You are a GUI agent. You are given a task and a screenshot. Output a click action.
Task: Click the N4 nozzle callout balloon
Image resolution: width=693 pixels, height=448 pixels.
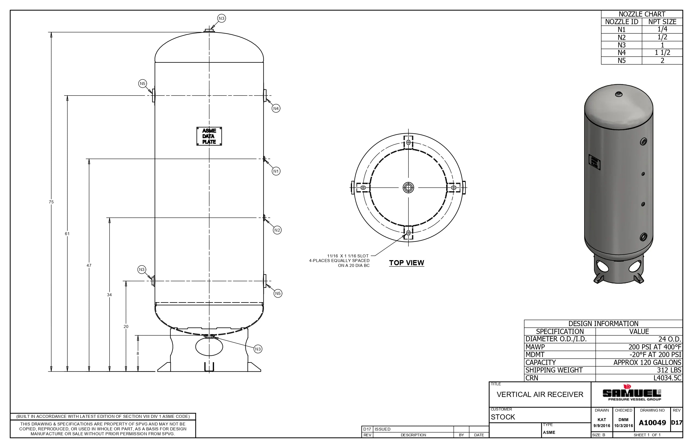pyautogui.click(x=276, y=109)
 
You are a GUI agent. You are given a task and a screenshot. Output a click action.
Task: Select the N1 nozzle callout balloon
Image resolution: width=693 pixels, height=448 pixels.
pyautogui.click(x=276, y=171)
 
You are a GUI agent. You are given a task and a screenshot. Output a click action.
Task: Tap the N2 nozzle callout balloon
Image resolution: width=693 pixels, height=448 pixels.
pyautogui.click(x=277, y=230)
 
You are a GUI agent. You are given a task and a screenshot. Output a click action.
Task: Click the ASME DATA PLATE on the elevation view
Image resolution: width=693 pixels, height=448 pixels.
pyautogui.click(x=209, y=136)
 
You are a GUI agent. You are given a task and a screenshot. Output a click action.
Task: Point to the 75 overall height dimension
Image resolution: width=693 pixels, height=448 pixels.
pyautogui.click(x=51, y=202)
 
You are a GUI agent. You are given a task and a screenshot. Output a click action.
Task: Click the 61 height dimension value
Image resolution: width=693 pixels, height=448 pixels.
pyautogui.click(x=67, y=234)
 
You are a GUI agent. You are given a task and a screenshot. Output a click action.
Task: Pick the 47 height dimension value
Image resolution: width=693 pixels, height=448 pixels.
pyautogui.click(x=89, y=265)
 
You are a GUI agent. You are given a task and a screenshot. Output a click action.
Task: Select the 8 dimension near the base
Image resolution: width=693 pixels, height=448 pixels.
pyautogui.click(x=138, y=354)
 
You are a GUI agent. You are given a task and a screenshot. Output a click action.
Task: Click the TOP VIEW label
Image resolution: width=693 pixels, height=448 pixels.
pyautogui.click(x=407, y=263)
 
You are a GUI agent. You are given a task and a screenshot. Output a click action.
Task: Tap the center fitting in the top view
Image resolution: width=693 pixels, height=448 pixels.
pyautogui.click(x=408, y=188)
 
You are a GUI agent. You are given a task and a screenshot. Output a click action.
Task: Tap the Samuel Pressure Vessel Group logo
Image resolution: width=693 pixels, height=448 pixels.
pyautogui.click(x=632, y=394)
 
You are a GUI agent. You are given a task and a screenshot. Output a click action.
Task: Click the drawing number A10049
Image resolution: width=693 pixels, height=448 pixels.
pyautogui.click(x=652, y=423)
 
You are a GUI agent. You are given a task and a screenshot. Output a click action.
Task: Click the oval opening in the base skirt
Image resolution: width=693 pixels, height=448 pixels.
pyautogui.click(x=209, y=346)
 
